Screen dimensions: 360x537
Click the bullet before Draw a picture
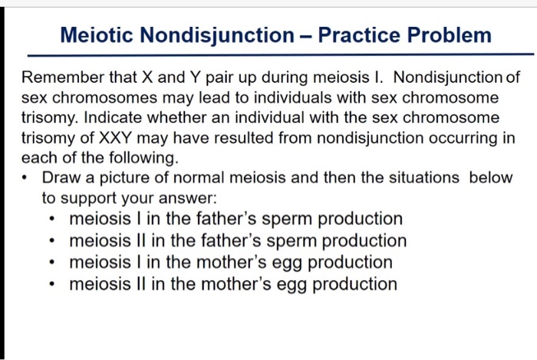pos(28,179)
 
